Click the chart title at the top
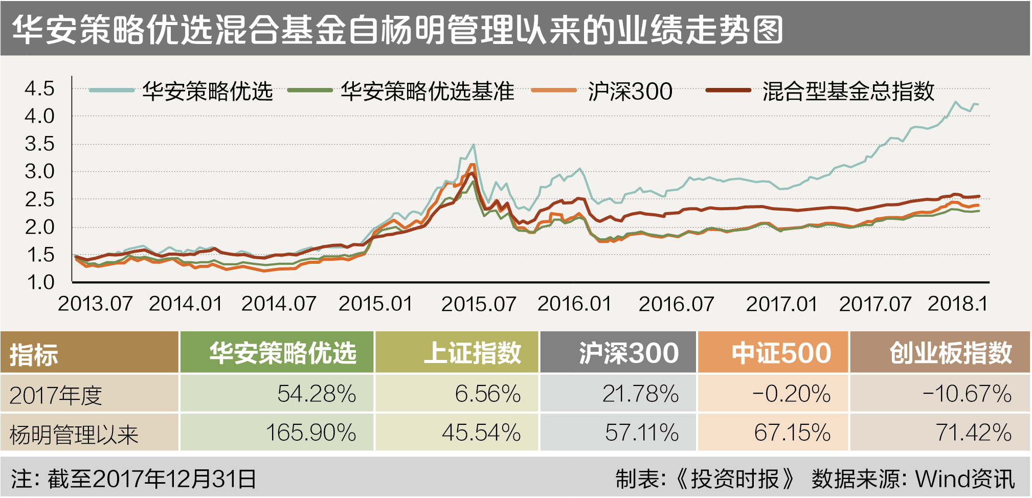pos(397,29)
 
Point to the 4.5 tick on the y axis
pos(39,88)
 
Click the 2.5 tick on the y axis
pos(39,199)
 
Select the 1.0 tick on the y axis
pos(39,282)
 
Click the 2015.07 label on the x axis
pos(479,304)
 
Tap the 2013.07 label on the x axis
pos(95,304)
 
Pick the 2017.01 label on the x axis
pos(781,304)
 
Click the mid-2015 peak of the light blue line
pos(474,145)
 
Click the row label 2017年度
pos(56,395)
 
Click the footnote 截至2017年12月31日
pos(152,479)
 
